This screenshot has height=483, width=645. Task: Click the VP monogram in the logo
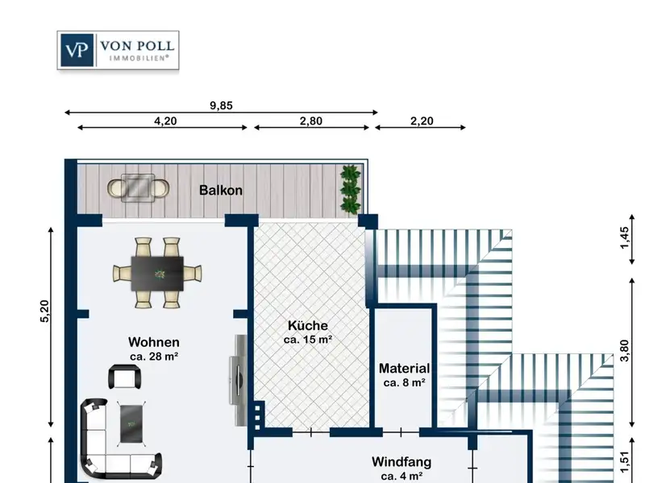[x=77, y=50]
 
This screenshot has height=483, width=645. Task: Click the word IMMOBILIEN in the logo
[x=139, y=58]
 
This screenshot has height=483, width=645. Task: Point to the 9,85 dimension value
[x=221, y=105]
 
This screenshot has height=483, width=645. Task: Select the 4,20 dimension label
[x=165, y=122]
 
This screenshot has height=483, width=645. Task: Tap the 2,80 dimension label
[x=311, y=122]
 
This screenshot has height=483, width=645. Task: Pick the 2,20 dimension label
[x=422, y=122]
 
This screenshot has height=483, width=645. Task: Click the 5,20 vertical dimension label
[x=45, y=312]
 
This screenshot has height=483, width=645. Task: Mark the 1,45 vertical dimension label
[x=624, y=237]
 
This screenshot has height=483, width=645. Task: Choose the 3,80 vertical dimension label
[x=624, y=350]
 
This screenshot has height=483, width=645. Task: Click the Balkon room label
[x=221, y=190]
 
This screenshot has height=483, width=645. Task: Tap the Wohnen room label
[x=154, y=342]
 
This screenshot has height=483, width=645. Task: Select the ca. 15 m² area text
[x=308, y=340]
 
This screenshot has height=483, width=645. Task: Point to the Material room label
[x=405, y=369]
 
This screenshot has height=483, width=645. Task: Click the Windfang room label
[x=402, y=461]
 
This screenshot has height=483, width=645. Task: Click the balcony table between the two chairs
[x=138, y=188]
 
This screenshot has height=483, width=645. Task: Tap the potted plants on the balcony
[x=351, y=189]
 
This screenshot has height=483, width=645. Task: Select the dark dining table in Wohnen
[x=157, y=274]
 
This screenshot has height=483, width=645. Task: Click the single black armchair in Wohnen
[x=125, y=377]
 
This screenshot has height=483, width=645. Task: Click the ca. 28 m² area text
[x=154, y=357]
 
